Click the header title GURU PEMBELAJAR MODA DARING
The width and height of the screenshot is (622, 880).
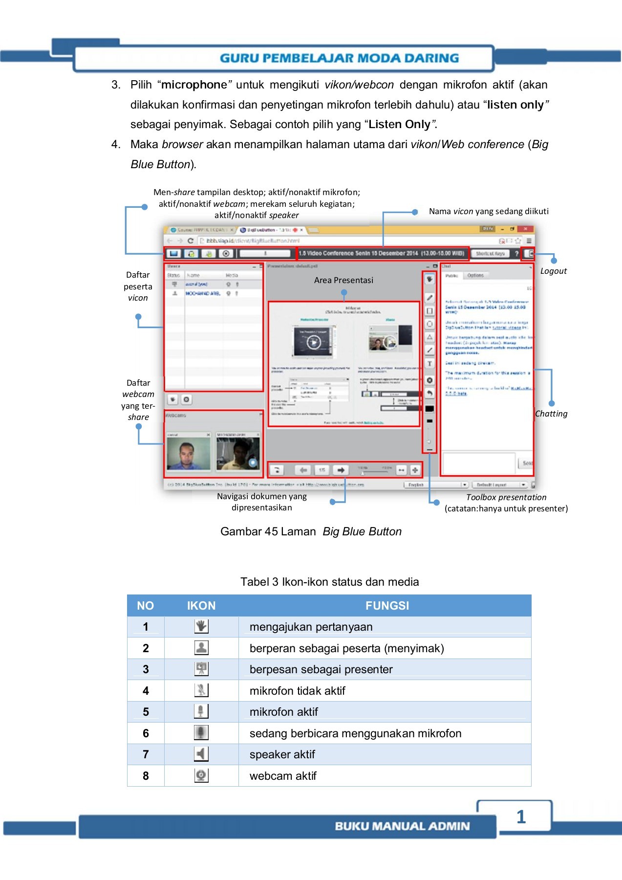[x=339, y=58]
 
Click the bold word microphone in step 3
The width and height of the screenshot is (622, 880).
[x=194, y=85]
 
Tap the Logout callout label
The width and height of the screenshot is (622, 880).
[x=553, y=271]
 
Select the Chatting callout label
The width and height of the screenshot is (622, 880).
[x=551, y=414]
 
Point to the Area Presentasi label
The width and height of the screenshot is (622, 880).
[x=343, y=280]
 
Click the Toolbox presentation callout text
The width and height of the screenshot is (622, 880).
[x=506, y=497]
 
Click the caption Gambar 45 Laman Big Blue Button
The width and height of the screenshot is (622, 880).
[x=311, y=531]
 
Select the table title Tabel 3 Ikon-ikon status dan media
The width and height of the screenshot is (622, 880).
[x=329, y=582]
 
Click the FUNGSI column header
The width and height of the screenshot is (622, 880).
[x=387, y=606]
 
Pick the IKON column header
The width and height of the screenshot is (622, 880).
[x=201, y=606]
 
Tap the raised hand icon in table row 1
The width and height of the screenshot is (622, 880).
[x=201, y=626]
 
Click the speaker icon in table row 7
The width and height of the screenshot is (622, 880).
[x=201, y=754]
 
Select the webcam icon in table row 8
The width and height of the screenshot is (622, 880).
[x=201, y=775]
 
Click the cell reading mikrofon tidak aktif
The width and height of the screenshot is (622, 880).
[x=297, y=691]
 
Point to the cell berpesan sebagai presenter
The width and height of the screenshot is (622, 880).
[x=321, y=669]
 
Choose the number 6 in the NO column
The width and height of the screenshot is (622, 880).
[x=146, y=733]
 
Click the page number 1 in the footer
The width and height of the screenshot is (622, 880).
[x=521, y=817]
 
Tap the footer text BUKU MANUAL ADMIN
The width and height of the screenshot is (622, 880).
[x=402, y=826]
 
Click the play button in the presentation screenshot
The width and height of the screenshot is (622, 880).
[x=313, y=342]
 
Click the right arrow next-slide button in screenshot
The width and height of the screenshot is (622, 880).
[x=341, y=470]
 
